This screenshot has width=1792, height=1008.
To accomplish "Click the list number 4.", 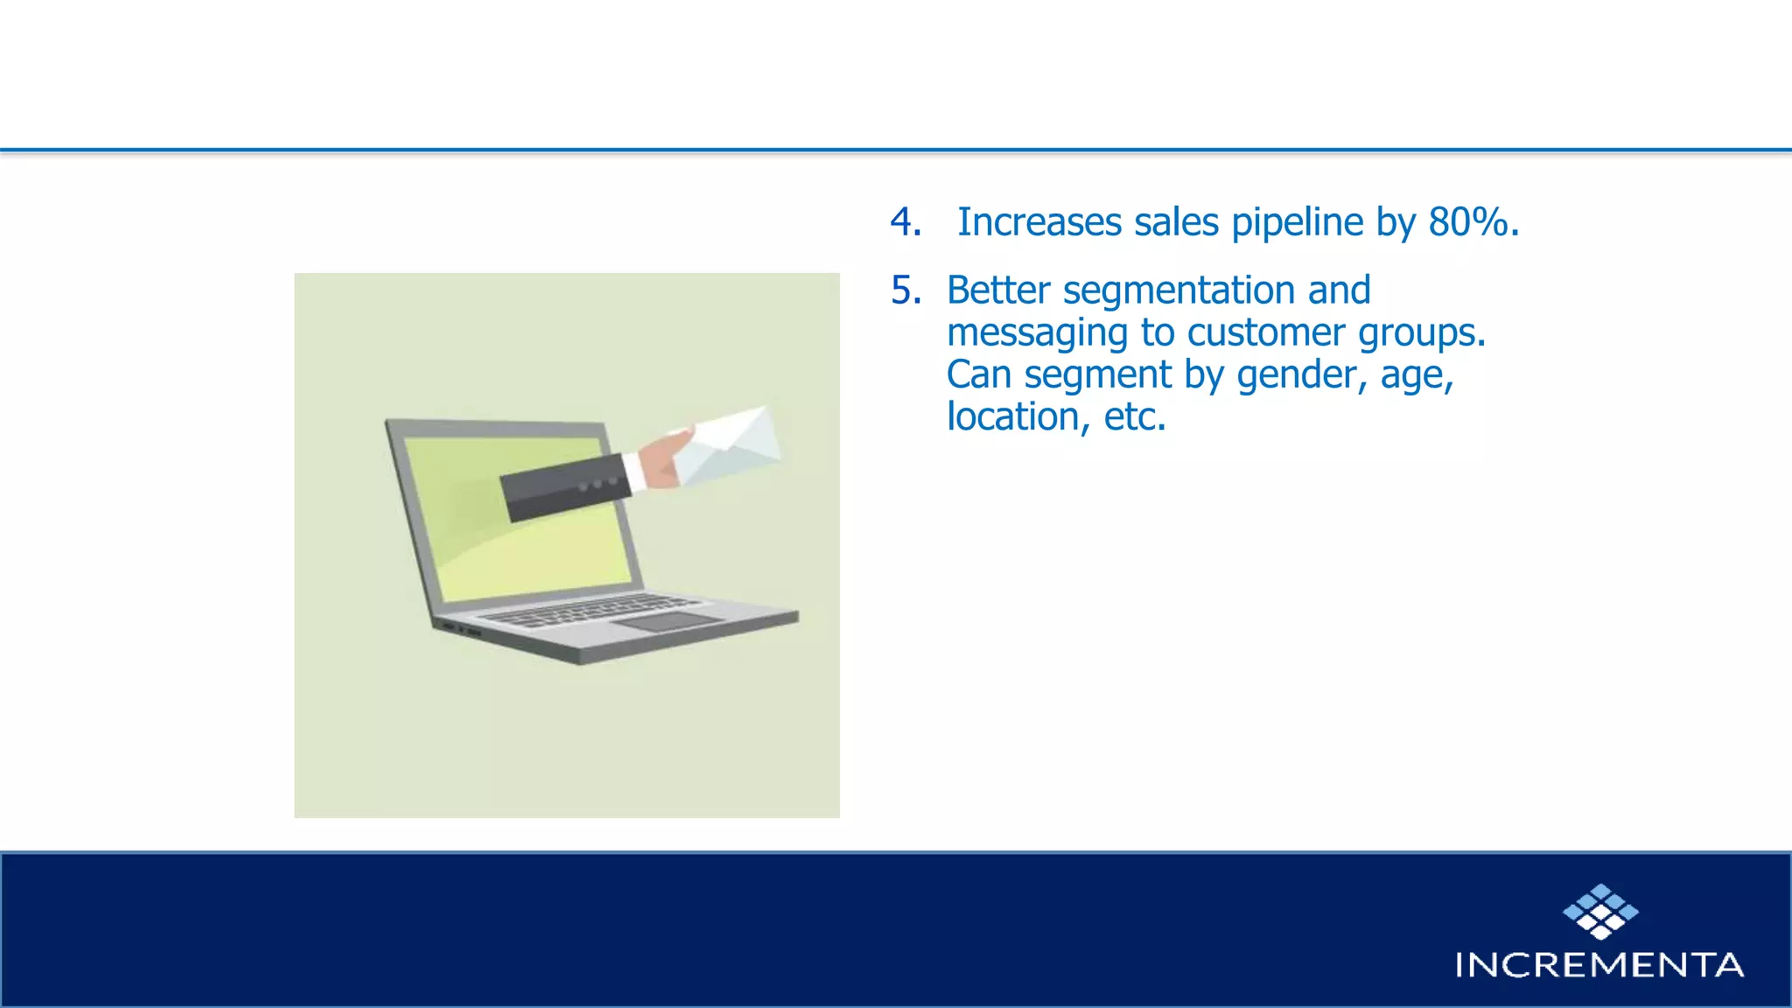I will tap(905, 222).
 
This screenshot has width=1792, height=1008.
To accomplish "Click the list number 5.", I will tap(905, 290).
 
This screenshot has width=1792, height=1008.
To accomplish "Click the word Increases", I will tap(1039, 222).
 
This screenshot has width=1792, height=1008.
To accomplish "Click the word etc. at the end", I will tap(1134, 416).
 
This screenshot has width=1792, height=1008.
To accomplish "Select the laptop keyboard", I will tap(587, 610).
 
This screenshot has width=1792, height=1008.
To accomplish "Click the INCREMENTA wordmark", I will tap(1599, 965).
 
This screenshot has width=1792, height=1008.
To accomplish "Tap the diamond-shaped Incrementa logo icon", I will tap(1599, 912).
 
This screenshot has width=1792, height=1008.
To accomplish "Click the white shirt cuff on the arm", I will tap(634, 472).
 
